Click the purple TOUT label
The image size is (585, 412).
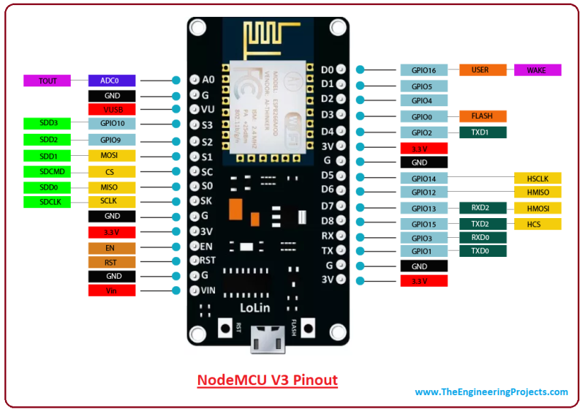[48, 80]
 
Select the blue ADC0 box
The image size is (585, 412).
[112, 80]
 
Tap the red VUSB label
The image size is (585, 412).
[112, 110]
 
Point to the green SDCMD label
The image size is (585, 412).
[48, 171]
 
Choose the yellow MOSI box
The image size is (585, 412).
[112, 156]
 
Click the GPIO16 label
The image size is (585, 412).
[423, 70]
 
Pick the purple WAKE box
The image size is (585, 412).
[538, 70]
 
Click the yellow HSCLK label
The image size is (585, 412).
[538, 178]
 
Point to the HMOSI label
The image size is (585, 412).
[538, 209]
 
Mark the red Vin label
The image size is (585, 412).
[112, 291]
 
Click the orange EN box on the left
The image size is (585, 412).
[112, 247]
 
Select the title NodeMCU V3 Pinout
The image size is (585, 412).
[268, 381]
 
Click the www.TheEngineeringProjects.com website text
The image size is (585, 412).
[491, 392]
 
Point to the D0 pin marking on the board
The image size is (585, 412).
[328, 70]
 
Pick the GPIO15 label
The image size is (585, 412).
[423, 224]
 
